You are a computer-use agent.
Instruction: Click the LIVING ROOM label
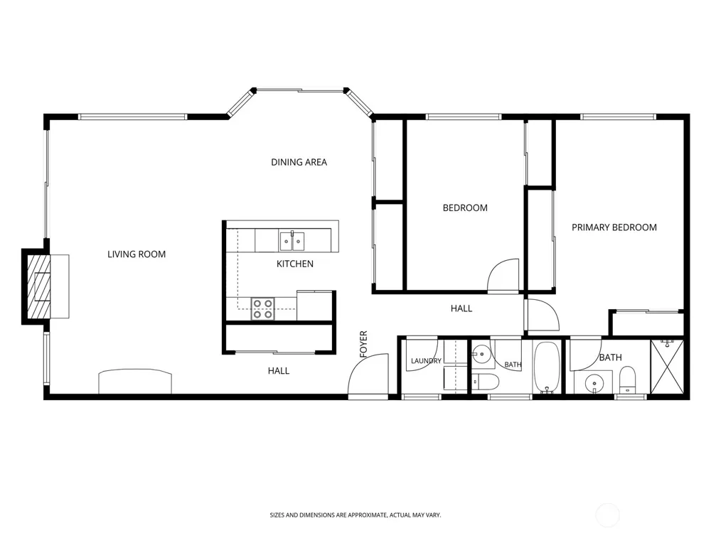137,254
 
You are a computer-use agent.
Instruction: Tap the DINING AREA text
299,162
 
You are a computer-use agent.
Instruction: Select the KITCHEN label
295,264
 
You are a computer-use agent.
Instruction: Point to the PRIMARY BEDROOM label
614,227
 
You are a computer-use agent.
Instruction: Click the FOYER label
363,344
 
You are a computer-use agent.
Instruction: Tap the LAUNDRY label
426,361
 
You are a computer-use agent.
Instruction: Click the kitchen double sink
292,241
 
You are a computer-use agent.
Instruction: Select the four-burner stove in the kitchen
263,308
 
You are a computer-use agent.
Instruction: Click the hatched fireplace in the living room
39,286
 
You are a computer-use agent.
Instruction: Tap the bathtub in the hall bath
546,367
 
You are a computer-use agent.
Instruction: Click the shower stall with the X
667,367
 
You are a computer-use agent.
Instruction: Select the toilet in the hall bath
486,382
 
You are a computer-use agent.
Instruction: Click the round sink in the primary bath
593,384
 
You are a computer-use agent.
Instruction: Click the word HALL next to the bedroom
461,308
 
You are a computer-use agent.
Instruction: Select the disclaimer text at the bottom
355,515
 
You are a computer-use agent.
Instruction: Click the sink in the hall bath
481,354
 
